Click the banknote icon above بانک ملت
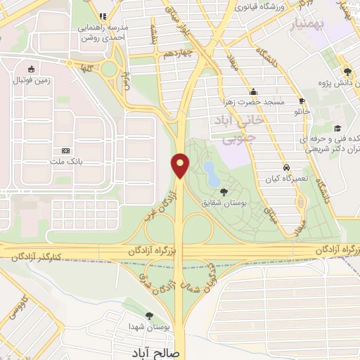[67, 150]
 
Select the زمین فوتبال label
[30, 81]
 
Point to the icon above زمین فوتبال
[30, 70]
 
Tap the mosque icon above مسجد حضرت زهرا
[254, 91]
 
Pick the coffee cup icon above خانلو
[302, 101]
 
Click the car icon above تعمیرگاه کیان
[286, 167]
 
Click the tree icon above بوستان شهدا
[148, 316]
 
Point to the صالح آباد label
[155, 352]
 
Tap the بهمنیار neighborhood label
[309, 26]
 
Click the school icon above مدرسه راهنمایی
[103, 15]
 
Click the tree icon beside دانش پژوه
[347, 71]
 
